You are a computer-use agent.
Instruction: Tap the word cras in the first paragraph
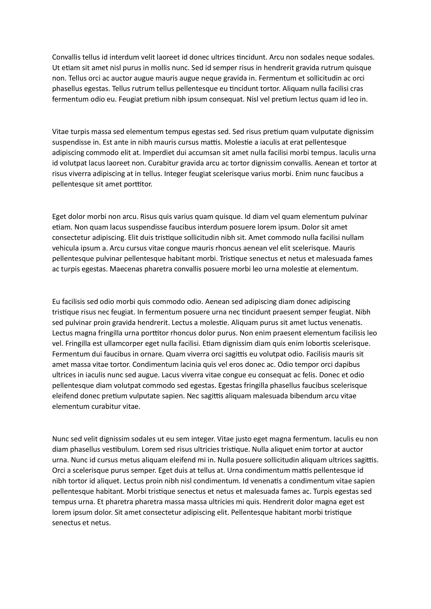point(357,89)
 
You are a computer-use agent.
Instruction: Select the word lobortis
point(342,344)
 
